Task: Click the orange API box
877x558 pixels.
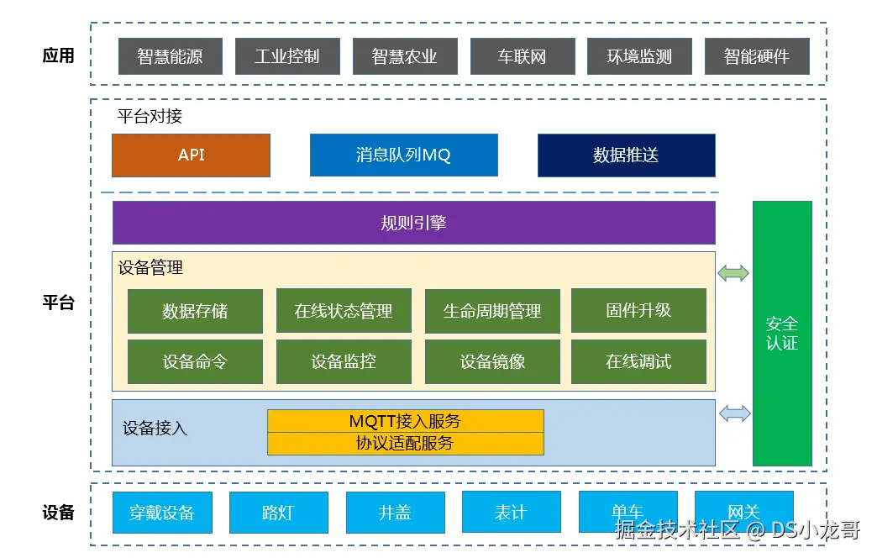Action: point(191,155)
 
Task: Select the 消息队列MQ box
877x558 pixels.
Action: point(404,155)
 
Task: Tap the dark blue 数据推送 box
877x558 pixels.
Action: point(627,155)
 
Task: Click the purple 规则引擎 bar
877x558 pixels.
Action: point(414,223)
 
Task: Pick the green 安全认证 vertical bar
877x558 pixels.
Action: point(782,334)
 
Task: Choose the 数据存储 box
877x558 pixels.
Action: point(195,311)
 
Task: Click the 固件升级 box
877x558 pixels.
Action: point(638,311)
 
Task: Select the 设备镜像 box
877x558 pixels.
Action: point(492,361)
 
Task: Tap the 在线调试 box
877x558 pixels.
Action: point(638,361)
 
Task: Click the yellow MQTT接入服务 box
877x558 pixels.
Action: point(406,421)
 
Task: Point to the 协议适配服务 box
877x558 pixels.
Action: point(406,443)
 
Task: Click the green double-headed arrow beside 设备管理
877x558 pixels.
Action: point(733,273)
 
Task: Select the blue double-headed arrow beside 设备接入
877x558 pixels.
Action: point(734,413)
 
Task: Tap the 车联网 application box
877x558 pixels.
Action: point(523,56)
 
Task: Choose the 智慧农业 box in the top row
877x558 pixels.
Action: point(405,56)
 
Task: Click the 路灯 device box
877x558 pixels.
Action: point(279,512)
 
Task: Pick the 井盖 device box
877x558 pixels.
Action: point(396,512)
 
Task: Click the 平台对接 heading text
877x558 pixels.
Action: point(150,116)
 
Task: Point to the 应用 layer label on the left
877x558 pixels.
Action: point(58,55)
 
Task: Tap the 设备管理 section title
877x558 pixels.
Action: point(150,267)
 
